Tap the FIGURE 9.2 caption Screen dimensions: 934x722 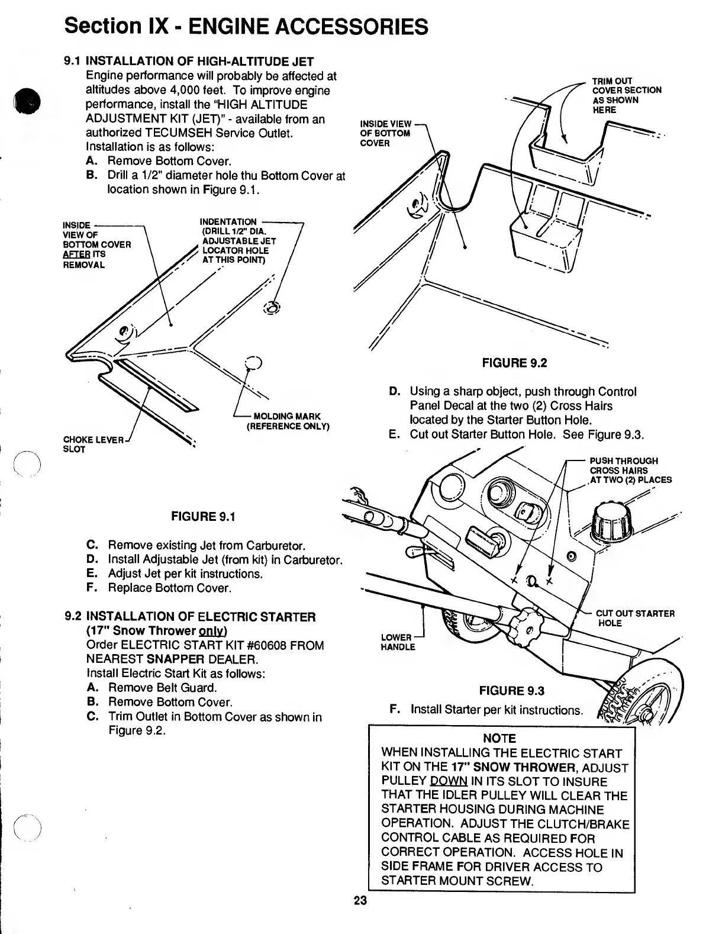point(514,363)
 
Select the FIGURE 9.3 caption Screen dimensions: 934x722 point(511,691)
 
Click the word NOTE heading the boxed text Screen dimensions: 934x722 point(499,739)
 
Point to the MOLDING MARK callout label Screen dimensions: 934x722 point(288,421)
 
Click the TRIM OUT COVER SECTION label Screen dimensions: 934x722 point(626,95)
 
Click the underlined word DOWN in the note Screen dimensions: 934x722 point(448,781)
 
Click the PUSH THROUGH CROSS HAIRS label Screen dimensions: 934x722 point(630,471)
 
